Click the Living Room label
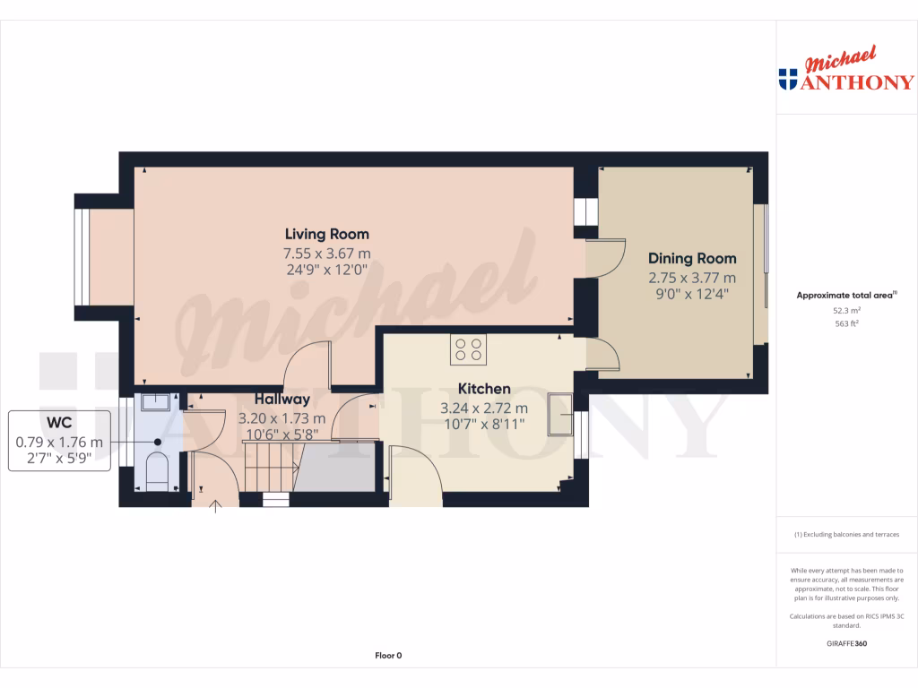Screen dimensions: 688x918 [x=327, y=235]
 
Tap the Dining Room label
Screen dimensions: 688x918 [x=692, y=259]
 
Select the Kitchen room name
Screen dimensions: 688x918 [x=484, y=389]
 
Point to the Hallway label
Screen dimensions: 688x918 [x=281, y=400]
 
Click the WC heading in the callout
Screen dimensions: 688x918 [x=59, y=424]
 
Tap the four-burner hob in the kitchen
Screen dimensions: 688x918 [x=467, y=348]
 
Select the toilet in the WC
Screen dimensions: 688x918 [x=156, y=470]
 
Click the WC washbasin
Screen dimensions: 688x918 [x=155, y=400]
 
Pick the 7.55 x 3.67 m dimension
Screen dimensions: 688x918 [x=327, y=254]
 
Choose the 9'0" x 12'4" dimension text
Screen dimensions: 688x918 [x=692, y=292]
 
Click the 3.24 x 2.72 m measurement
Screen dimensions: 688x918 [x=484, y=408]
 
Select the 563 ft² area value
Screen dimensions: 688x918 [x=847, y=323]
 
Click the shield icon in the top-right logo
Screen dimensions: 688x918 [x=789, y=80]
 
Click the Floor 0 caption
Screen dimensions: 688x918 [x=388, y=656]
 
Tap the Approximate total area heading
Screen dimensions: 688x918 [x=846, y=295]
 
